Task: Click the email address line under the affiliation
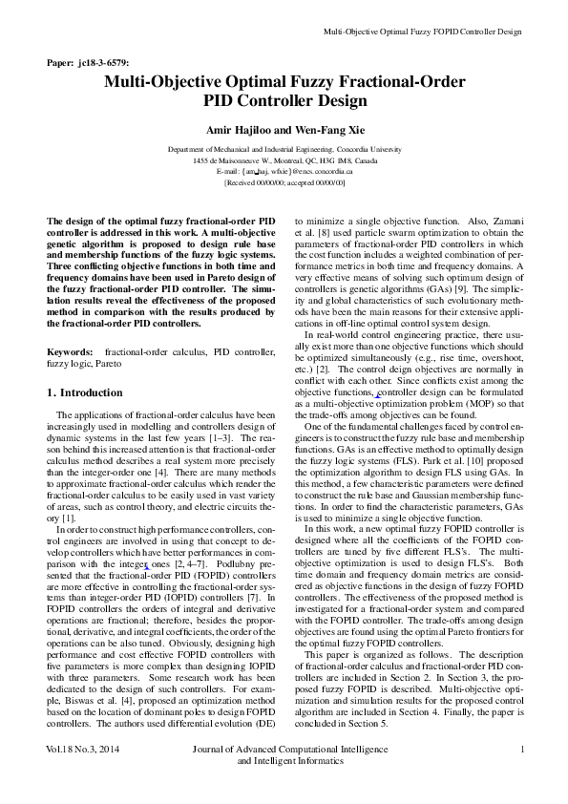285,171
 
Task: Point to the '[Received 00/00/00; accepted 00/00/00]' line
285,181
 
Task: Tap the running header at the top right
423,32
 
